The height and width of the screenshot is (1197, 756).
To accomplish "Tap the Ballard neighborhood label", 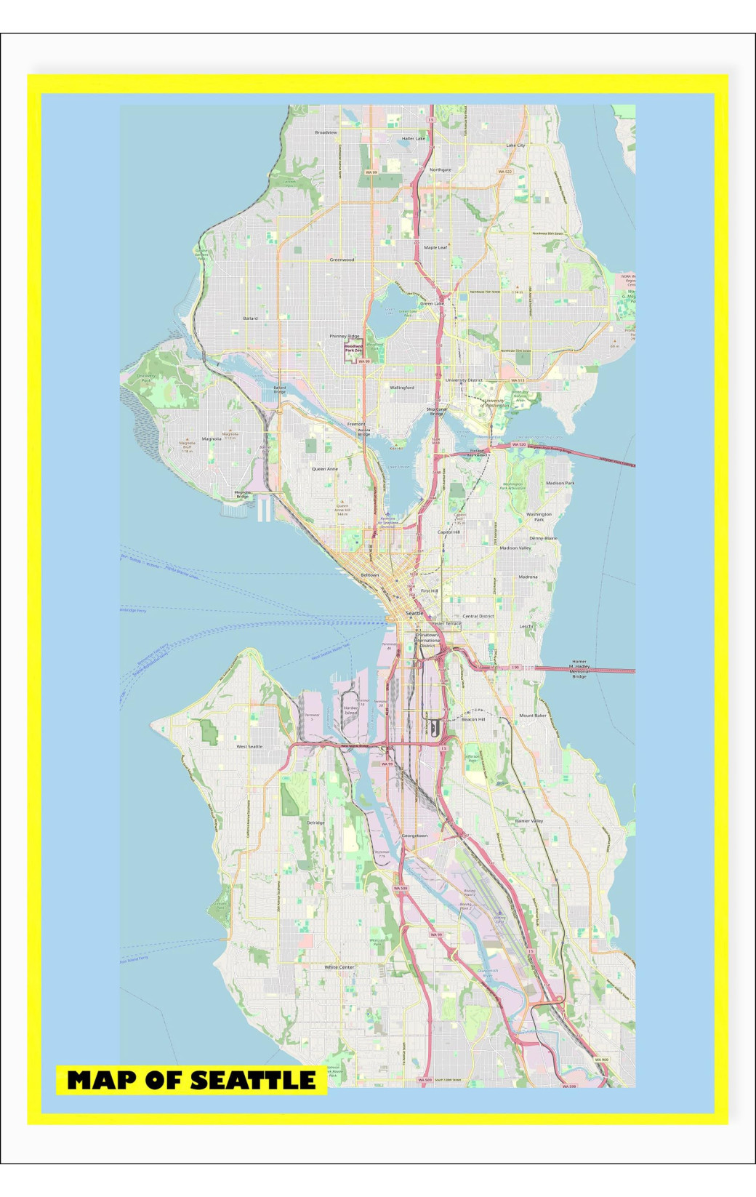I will click(250, 319).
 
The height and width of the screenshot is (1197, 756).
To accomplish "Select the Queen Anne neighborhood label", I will click(324, 469).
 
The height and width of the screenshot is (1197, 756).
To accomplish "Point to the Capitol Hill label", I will click(449, 532).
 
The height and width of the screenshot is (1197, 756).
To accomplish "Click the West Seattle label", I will click(249, 747).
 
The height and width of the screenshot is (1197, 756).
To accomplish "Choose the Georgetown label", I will click(414, 836).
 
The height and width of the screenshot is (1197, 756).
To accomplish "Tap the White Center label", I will click(339, 967).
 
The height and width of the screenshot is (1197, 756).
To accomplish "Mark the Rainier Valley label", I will click(528, 820).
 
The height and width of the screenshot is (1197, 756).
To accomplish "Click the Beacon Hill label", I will click(472, 719).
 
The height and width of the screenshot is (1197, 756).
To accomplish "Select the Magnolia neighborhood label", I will click(212, 439).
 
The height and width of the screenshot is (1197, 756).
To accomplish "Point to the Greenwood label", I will click(342, 260).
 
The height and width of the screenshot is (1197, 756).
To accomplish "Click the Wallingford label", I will click(401, 388).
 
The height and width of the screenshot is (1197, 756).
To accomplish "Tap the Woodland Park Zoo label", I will click(353, 348).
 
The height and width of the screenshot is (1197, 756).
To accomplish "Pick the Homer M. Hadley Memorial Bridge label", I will click(579, 669).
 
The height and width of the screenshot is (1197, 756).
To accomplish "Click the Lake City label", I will click(515, 145).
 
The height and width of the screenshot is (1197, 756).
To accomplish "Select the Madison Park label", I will click(560, 483).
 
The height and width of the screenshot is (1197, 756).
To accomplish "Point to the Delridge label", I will click(315, 822).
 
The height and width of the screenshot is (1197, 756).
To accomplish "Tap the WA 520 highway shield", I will click(518, 444).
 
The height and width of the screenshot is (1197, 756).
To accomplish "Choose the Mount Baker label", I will click(532, 716).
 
